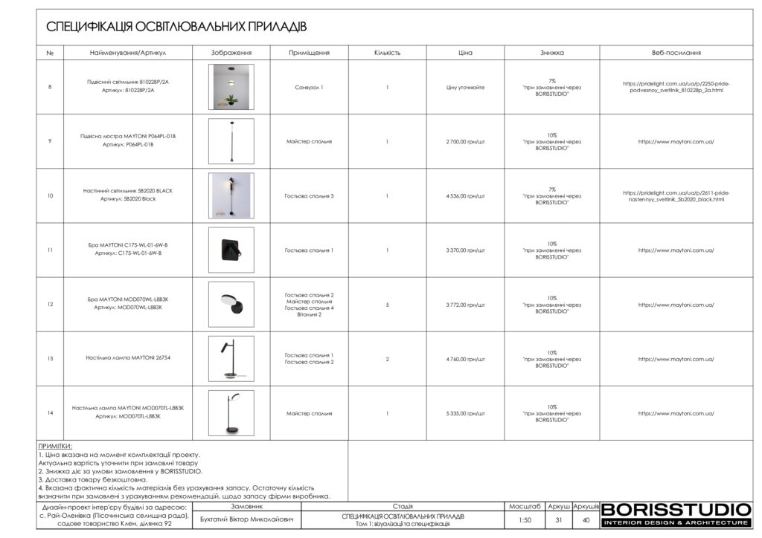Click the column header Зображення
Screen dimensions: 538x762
(231, 53)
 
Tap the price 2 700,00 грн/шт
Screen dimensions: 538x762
(465, 141)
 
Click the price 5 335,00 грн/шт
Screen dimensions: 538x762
(465, 413)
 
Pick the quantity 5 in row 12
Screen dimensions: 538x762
(387, 305)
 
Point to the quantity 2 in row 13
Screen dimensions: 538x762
(387, 359)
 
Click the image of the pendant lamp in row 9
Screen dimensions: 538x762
(231, 141)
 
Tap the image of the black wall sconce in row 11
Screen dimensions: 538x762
(231, 250)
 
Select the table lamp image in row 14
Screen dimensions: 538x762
(231, 413)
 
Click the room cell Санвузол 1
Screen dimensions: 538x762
(309, 87)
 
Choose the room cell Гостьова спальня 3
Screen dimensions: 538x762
(309, 196)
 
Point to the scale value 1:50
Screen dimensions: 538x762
(525, 520)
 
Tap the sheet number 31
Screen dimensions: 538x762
(558, 520)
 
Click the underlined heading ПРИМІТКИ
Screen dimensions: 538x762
(55, 446)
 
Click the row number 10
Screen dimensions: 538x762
(50, 196)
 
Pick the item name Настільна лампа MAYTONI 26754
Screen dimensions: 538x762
(128, 359)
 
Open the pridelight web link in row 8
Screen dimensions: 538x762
(676, 87)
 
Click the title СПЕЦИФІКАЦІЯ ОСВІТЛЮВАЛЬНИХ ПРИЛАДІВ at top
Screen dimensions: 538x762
(176, 27)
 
